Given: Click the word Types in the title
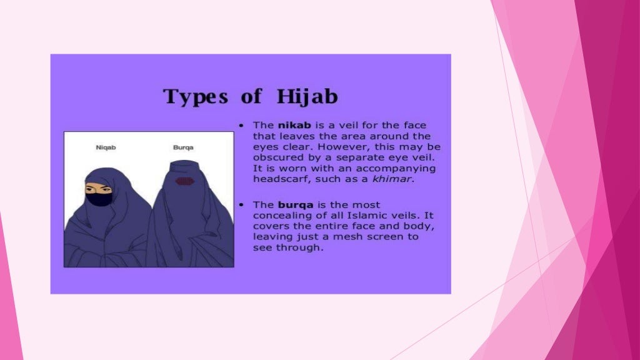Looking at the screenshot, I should pos(195,97).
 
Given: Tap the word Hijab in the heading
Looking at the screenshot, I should pos(306,97).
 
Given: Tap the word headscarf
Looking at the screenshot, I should pos(279,179).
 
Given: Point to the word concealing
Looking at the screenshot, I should pos(279,216).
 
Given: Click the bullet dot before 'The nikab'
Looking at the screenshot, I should pos(241,126).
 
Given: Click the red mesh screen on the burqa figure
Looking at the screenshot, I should pos(184,182).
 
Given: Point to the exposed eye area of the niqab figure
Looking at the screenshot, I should pos(98,188).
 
